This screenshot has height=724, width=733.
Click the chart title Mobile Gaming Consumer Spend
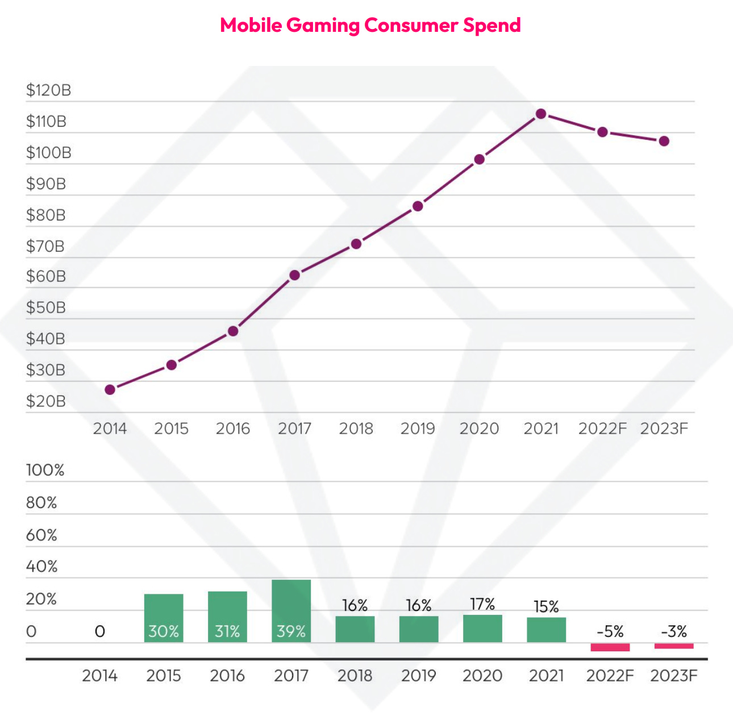[x=370, y=26]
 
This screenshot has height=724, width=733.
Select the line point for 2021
[x=541, y=114]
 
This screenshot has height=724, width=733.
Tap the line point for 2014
[x=110, y=390]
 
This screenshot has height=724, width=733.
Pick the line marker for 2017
[x=294, y=275]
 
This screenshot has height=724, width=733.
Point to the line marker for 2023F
[x=664, y=141]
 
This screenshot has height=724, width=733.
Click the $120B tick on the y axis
[x=48, y=90]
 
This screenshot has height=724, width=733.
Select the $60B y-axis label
[x=46, y=277]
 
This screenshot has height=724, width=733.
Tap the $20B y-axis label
[x=46, y=401]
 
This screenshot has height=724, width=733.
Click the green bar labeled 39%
[x=291, y=611]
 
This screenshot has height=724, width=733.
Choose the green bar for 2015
[x=164, y=618]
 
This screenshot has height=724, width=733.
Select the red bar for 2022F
[x=610, y=647]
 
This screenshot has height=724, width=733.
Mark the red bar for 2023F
[x=674, y=646]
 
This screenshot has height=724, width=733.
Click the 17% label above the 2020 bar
[x=482, y=604]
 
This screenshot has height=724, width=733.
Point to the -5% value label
[x=610, y=631]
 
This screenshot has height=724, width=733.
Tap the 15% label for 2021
[x=546, y=607]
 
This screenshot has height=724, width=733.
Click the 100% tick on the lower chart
[x=45, y=471]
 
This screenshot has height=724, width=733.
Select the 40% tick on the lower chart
[x=41, y=567]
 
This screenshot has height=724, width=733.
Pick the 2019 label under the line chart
[x=418, y=428]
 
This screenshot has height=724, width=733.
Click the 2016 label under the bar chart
[x=227, y=676]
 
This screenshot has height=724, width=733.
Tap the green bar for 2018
[x=355, y=629]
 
